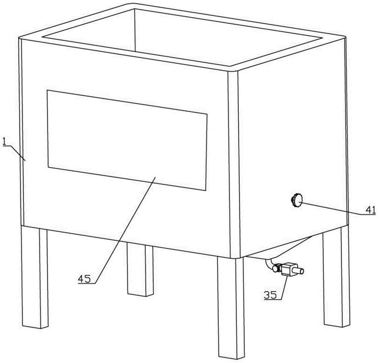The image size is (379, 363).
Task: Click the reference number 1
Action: [x=4, y=141]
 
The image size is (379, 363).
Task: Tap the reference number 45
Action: [x=84, y=279]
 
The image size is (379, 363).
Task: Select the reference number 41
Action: [x=370, y=210]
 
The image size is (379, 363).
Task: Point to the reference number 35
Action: [x=270, y=295]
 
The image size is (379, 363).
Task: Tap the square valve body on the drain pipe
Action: [x=287, y=270]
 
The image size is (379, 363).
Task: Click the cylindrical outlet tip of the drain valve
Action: [x=300, y=271]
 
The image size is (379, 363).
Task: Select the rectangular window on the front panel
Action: [x=127, y=140]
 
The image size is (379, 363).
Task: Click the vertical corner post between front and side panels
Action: [x=233, y=164]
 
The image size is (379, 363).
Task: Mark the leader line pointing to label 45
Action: [x=125, y=230]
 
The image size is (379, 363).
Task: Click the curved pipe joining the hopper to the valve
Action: [x=269, y=264]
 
